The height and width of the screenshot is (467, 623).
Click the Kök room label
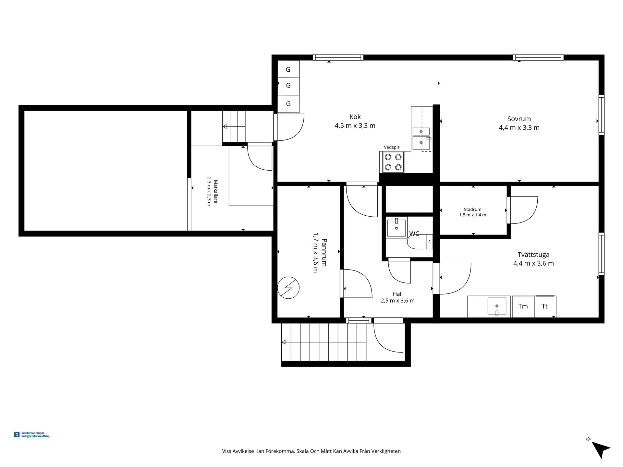pyautogui.click(x=355, y=117)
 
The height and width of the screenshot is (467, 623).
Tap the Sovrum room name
pyautogui.click(x=519, y=119)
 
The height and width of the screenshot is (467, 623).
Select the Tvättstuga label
pyautogui.click(x=533, y=255)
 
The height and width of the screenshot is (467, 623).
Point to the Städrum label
pyautogui.click(x=472, y=210)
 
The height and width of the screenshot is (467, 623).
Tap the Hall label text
pyautogui.click(x=397, y=294)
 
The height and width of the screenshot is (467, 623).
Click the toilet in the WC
pyautogui.click(x=420, y=242)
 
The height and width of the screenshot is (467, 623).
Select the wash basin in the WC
pyautogui.click(x=396, y=228)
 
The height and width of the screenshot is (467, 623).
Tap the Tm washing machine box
pyautogui.click(x=523, y=306)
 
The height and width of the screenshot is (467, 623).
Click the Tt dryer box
pyautogui.click(x=545, y=306)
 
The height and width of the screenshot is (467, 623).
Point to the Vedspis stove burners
pyautogui.click(x=393, y=162)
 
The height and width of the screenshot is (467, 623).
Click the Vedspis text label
pyautogui.click(x=392, y=147)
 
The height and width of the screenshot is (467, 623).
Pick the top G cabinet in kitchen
pyautogui.click(x=288, y=69)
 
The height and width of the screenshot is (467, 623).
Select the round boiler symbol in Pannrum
pyautogui.click(x=288, y=287)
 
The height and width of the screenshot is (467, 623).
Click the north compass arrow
pyautogui.click(x=601, y=449)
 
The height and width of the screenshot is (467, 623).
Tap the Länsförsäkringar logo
pyautogui.click(x=32, y=435)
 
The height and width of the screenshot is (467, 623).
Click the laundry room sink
pyautogui.click(x=497, y=306)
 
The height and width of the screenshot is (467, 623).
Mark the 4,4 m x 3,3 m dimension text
pyautogui.click(x=519, y=128)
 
